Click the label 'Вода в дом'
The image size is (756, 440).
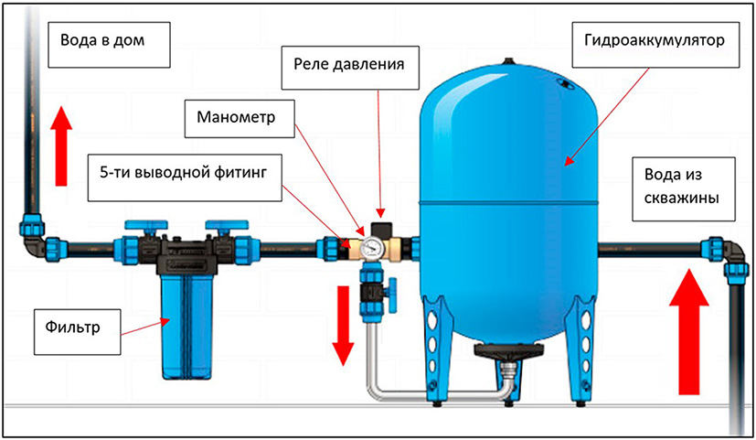102,43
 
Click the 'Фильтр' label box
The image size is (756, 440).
76,324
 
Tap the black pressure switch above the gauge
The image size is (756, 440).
380,225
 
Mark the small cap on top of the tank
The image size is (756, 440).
508,60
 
